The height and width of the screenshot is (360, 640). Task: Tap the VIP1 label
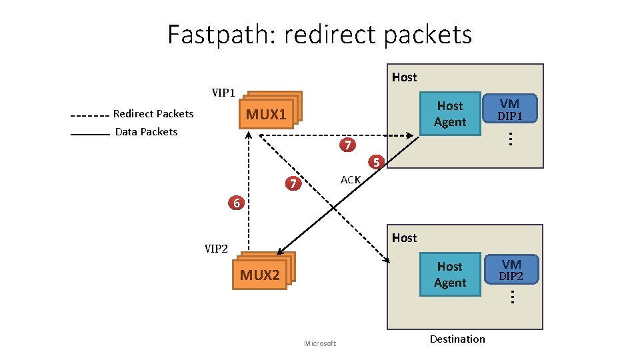coord(223,92)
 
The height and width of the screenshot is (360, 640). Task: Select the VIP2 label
coord(215,249)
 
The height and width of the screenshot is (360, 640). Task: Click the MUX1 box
coord(266,115)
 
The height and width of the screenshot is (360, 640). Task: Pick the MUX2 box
coord(260,275)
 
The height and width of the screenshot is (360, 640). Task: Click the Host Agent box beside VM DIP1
coord(450,114)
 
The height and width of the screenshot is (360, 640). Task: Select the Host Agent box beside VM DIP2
coord(449,275)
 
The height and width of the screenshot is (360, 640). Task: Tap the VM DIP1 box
coord(510,109)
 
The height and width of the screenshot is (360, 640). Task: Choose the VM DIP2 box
coord(511,270)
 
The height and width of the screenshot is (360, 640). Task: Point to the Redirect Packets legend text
coord(153,114)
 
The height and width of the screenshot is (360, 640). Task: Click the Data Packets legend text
coord(146,132)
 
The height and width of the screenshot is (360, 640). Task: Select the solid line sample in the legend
coord(89,134)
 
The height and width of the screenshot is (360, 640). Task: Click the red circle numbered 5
coord(376,162)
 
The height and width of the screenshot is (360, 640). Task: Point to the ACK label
coord(350,180)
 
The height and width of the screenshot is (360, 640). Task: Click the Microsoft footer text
coord(319,343)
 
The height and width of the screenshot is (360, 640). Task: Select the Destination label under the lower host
coord(457,339)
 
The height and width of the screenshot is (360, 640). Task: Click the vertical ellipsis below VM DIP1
coord(509,139)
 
